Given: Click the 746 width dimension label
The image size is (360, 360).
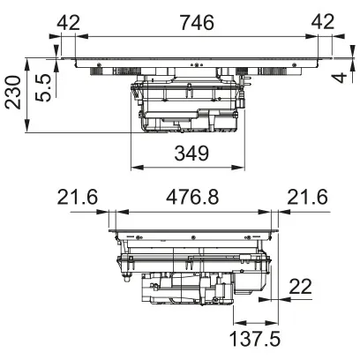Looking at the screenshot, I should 195,24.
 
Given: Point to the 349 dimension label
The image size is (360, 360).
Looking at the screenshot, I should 191,154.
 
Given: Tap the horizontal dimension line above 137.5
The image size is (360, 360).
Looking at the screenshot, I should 256,321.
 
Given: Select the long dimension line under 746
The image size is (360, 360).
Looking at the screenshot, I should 195,37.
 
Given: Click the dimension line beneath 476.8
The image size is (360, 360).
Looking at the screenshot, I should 195,212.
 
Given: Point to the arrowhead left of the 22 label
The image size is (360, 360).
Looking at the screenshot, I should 276,298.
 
